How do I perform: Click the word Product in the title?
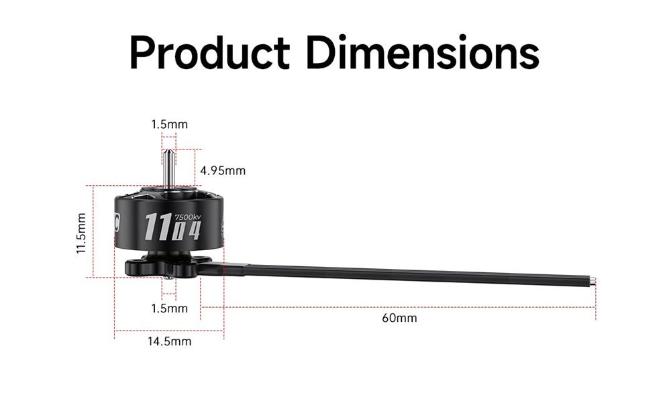[x=209, y=54]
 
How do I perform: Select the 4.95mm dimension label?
[x=223, y=170]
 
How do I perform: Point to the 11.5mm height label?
[x=81, y=233]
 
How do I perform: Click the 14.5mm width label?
[x=170, y=341]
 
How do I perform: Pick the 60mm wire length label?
[x=399, y=318]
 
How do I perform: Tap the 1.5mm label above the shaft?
[x=170, y=125]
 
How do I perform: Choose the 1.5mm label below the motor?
[x=170, y=308]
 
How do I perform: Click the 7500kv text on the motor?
[x=187, y=217]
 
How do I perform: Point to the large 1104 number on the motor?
[x=172, y=227]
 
